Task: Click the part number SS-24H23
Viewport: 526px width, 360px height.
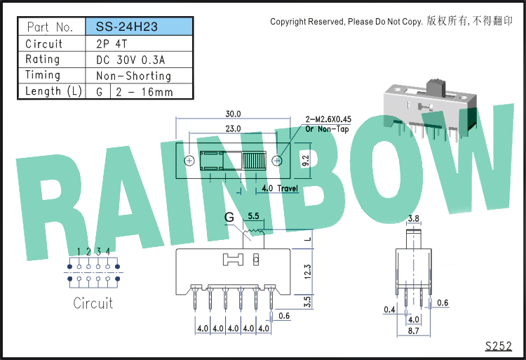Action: (x=126, y=27)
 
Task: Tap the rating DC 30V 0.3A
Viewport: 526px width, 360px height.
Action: (x=130, y=60)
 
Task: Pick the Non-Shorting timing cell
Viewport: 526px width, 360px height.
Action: (x=133, y=76)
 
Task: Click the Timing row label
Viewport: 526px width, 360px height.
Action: (x=43, y=75)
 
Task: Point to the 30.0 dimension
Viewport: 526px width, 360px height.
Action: (x=233, y=114)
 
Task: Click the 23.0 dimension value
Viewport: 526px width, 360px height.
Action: (x=233, y=129)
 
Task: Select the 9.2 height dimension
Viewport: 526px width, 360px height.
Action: (x=306, y=161)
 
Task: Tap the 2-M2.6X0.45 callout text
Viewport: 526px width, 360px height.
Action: (x=328, y=119)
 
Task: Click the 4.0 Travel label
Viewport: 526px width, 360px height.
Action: (x=280, y=188)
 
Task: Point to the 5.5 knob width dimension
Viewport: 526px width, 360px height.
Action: (x=253, y=216)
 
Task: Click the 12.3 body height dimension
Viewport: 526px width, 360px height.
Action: (x=308, y=272)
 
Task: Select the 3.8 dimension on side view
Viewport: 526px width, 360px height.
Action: (x=413, y=219)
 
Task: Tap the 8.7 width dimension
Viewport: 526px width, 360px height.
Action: (x=413, y=331)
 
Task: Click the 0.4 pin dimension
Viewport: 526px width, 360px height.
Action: (x=389, y=309)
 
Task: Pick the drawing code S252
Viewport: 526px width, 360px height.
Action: (x=499, y=346)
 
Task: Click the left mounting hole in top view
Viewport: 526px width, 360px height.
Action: (x=189, y=161)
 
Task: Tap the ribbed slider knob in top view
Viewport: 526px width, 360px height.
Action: (x=254, y=161)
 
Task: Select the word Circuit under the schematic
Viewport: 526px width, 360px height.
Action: (x=93, y=303)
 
